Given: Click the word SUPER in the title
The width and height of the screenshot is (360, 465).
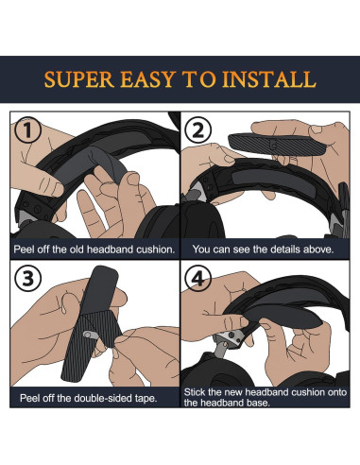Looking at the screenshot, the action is pyautogui.click(x=79, y=79).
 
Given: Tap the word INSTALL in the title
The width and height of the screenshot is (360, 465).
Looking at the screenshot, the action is pyautogui.click(x=269, y=79).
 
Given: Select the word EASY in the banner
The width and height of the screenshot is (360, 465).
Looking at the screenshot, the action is pyautogui.click(x=147, y=79).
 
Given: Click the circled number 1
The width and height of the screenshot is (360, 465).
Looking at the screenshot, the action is pyautogui.click(x=27, y=129).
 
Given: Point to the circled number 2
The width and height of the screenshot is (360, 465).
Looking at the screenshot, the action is pyautogui.click(x=197, y=129).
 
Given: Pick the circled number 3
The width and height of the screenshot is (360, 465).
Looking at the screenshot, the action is pyautogui.click(x=27, y=279).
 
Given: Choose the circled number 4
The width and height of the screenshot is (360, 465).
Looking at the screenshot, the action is pyautogui.click(x=197, y=279).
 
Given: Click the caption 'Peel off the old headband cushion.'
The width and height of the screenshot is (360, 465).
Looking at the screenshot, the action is pyautogui.click(x=94, y=250).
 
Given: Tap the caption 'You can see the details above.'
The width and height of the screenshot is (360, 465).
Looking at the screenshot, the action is pyautogui.click(x=263, y=250).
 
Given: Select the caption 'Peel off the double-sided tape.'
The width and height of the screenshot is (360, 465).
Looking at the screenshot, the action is pyautogui.click(x=89, y=398).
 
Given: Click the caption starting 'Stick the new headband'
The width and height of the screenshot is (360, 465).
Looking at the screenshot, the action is pyautogui.click(x=266, y=398).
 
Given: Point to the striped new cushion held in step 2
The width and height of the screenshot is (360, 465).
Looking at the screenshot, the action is pyautogui.click(x=277, y=145).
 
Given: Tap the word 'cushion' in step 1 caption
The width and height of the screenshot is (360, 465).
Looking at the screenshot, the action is pyautogui.click(x=156, y=250).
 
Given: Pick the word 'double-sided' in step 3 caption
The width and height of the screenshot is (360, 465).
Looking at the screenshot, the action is pyautogui.click(x=95, y=398).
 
